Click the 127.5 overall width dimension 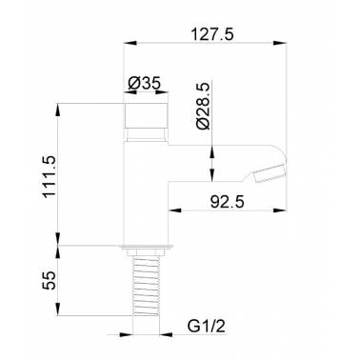(211, 34)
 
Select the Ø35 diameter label (145, 84)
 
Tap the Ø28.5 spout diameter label (203, 106)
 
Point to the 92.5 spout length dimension (228, 202)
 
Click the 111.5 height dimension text (50, 176)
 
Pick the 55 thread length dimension (50, 280)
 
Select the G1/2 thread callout (207, 327)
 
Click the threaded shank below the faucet (146, 286)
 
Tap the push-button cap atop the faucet (146, 115)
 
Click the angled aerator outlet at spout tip (270, 174)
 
